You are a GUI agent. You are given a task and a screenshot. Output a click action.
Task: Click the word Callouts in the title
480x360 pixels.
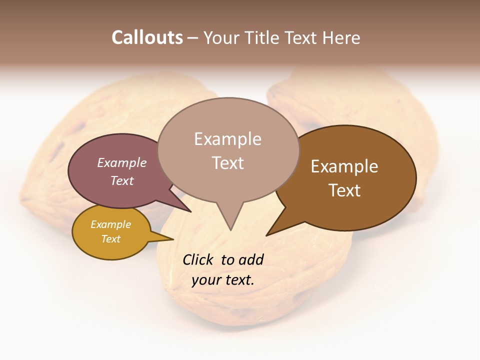[147, 37]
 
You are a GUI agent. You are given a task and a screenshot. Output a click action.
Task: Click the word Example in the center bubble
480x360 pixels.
[227, 139]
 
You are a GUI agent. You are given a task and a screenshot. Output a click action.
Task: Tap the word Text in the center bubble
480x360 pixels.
[227, 163]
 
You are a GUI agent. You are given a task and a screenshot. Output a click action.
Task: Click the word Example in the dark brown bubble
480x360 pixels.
[344, 166]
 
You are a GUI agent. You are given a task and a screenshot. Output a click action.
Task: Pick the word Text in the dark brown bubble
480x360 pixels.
[344, 190]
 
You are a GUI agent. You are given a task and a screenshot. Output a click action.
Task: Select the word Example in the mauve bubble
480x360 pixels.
[122, 162]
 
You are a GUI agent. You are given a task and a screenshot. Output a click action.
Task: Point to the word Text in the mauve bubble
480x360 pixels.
[122, 180]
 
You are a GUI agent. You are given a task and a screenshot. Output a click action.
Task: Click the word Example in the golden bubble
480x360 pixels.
[110, 224]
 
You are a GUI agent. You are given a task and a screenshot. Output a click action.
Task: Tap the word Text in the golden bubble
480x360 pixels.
[110, 239]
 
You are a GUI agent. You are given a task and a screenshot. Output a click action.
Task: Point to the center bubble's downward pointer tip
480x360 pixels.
[230, 230]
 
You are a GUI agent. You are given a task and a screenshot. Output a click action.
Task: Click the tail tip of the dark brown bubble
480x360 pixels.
[266, 235]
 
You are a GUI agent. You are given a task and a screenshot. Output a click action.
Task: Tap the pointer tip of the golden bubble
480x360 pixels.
[173, 239]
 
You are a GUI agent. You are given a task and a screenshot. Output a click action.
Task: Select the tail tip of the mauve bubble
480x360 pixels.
[191, 212]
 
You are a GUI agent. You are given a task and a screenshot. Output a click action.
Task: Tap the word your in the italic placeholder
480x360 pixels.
[204, 280]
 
